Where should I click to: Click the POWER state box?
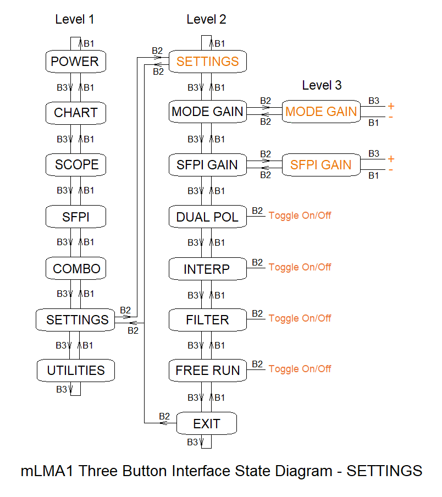pos(75,62)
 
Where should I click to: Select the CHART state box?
pos(75,113)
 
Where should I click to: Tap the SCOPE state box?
pos(76,164)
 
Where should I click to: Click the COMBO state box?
pos(76,269)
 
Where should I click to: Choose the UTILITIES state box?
pos(76,371)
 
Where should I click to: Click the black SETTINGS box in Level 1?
pos(76,319)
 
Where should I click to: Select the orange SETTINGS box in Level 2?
pos(207,61)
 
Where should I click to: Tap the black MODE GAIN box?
pos(207,112)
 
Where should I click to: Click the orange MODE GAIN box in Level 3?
pos(321,112)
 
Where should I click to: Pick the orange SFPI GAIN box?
pos(321,164)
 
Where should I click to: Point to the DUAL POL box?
pos(207,217)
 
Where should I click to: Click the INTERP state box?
pos(207,269)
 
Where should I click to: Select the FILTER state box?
pos(207,320)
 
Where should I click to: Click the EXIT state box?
pos(207,424)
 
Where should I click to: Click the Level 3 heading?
pos(322,85)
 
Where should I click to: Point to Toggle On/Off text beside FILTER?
pos(300,318)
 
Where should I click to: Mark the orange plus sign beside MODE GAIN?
pos(391,106)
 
